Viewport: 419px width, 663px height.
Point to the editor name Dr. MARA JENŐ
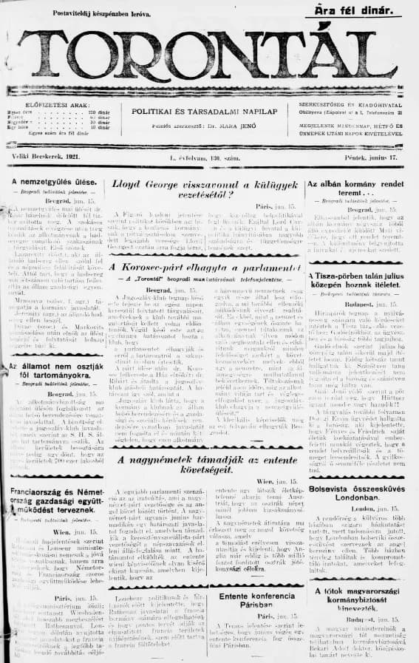tap(241, 126)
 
